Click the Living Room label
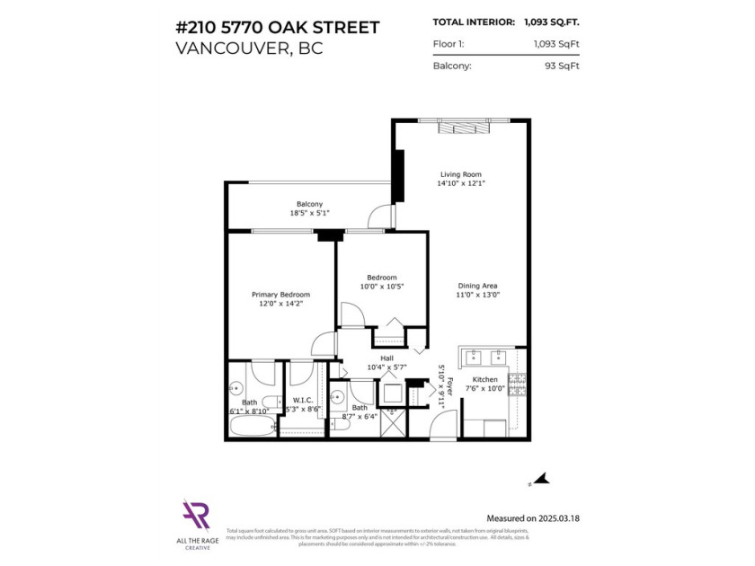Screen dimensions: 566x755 pos(460,174)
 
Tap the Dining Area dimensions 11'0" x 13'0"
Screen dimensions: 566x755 pos(478,295)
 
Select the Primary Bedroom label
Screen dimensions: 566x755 pos(280,295)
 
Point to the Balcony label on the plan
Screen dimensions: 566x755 pos(309,204)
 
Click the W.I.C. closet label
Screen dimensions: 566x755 pos(302,400)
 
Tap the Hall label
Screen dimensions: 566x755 pos(387,357)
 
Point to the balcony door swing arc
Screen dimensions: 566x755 pos(380,216)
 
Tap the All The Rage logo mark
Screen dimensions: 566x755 pos(196,514)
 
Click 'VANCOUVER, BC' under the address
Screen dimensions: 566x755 pos(249,48)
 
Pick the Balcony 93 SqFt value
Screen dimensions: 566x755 pos(548,66)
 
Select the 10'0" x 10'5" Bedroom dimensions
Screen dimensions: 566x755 pos(381,287)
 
